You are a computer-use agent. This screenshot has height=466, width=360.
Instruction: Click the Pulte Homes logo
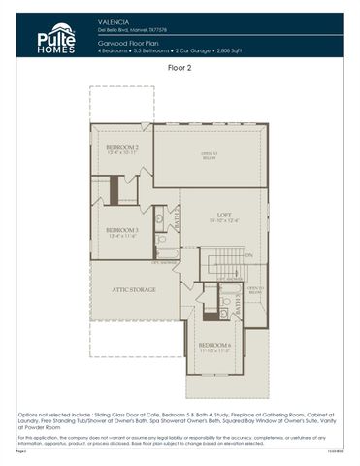[56, 38]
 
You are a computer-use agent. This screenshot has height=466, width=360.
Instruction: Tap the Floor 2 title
[180, 69]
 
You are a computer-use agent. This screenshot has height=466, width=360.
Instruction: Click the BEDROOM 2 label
[122, 146]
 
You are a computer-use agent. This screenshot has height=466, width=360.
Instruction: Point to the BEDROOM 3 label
[122, 230]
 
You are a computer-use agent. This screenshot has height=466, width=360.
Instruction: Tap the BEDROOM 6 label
[215, 345]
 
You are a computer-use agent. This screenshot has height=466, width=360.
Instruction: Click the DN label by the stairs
[248, 255]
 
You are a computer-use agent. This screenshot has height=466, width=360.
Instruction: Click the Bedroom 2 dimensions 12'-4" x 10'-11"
[122, 152]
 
